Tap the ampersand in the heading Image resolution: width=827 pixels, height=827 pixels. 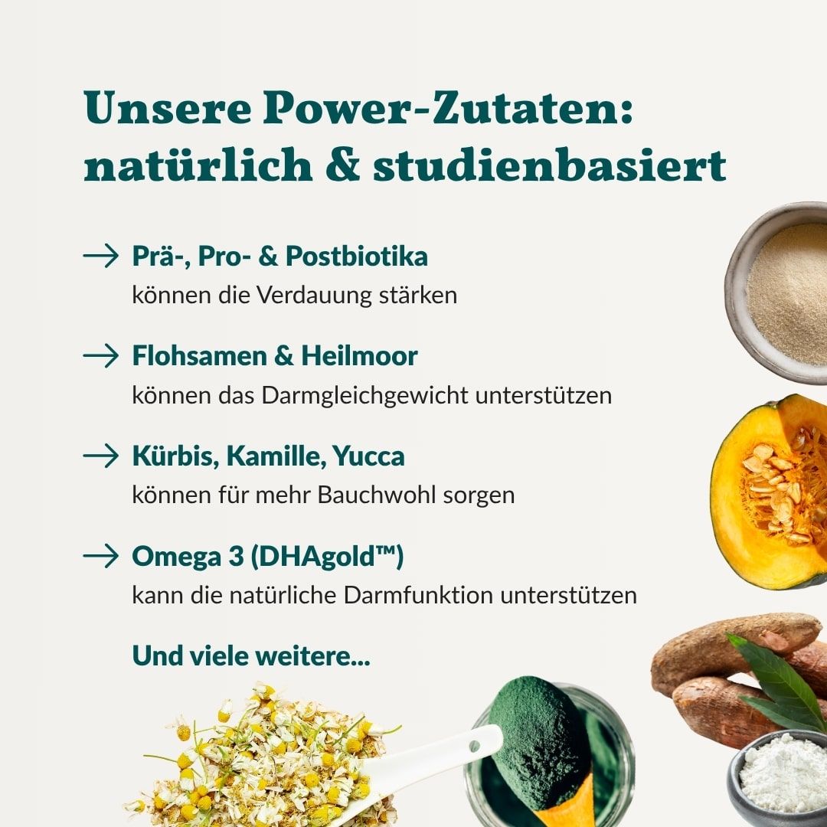point(342,167)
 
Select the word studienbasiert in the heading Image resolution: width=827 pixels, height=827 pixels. point(548,167)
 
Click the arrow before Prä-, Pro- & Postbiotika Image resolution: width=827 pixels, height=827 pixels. point(101,256)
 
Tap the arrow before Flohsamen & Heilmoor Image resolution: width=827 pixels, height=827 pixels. point(101,355)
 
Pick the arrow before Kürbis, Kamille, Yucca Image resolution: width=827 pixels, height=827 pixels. point(101,456)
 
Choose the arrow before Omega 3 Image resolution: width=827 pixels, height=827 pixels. point(101,556)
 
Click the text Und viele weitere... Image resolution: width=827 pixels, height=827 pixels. point(250,655)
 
